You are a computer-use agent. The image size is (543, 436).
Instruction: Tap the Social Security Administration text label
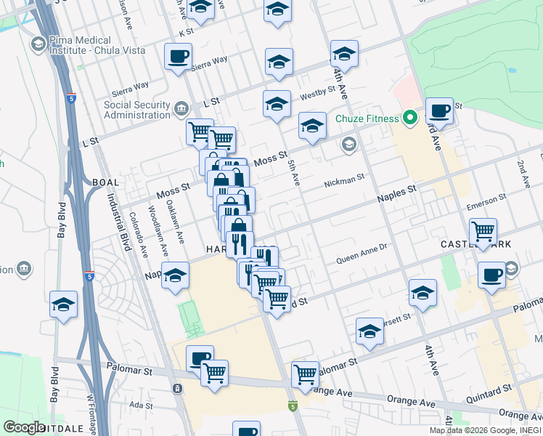[137, 110]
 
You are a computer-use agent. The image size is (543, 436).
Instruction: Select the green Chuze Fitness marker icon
[410, 118]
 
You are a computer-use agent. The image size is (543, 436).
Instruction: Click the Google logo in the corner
[24, 427]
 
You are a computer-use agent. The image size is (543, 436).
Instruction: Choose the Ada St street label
[137, 404]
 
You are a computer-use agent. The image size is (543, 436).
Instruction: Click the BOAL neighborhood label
[105, 182]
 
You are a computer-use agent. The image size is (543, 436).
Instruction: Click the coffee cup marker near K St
[178, 57]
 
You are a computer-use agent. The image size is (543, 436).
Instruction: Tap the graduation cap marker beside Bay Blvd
[63, 305]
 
